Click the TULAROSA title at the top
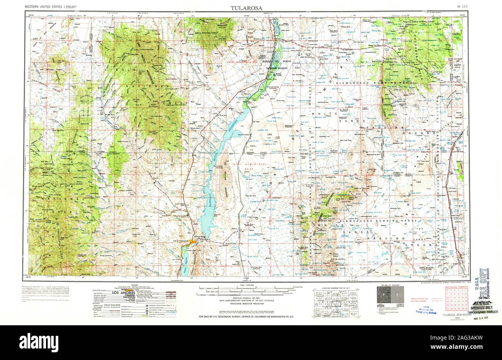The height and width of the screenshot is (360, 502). [247, 8]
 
